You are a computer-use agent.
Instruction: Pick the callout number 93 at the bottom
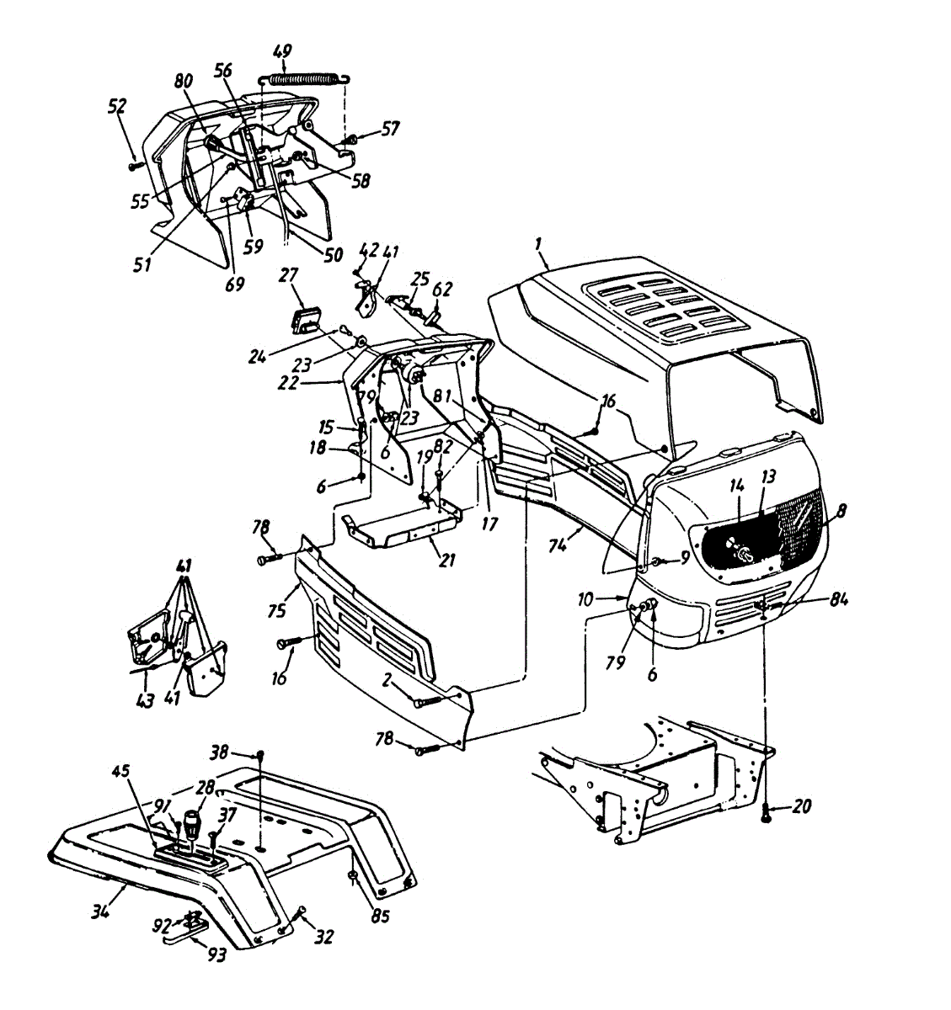[216, 956]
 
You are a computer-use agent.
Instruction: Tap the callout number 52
[116, 107]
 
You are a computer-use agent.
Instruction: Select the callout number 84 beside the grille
[838, 599]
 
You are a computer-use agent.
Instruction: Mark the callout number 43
[145, 699]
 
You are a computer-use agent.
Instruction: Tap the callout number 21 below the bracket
[447, 559]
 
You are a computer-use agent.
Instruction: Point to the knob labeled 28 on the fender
[192, 821]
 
